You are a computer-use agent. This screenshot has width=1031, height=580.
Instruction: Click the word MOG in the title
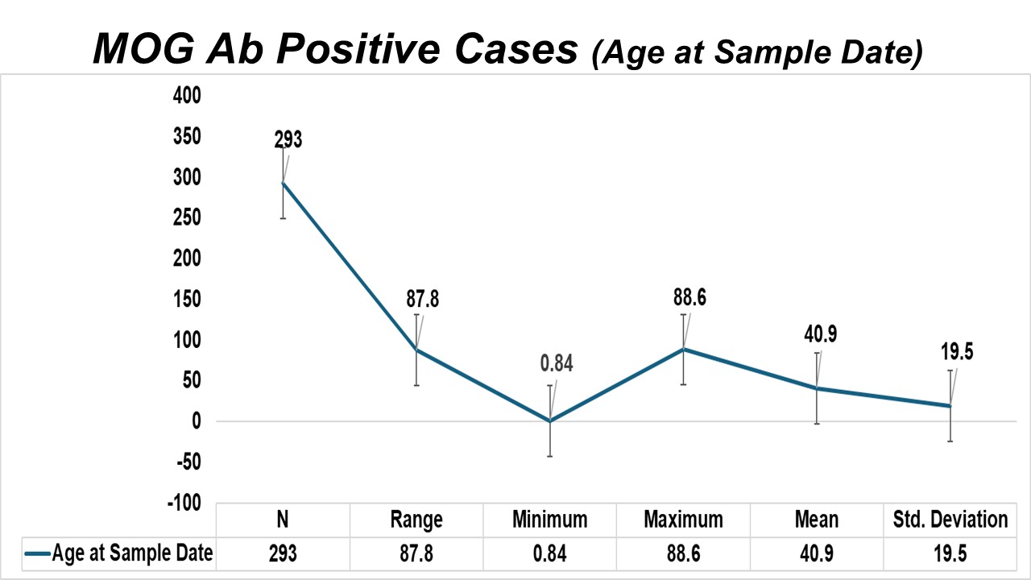(x=143, y=49)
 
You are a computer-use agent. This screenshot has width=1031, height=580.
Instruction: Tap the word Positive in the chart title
(x=358, y=49)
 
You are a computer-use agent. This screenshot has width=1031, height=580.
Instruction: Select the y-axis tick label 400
(x=187, y=96)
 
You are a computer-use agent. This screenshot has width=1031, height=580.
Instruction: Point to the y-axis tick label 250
(x=187, y=217)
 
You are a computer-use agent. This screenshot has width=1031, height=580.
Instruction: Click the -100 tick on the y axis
(x=184, y=503)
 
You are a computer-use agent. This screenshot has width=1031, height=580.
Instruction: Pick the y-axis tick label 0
(x=197, y=421)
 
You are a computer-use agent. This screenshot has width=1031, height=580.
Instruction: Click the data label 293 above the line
(x=288, y=139)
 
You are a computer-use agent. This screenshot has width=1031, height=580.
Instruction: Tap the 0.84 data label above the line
(x=557, y=363)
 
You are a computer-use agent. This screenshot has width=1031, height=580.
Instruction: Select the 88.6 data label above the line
(x=689, y=297)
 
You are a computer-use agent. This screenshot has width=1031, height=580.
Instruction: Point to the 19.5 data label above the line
(x=957, y=352)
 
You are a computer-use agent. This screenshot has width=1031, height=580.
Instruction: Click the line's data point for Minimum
(x=550, y=420)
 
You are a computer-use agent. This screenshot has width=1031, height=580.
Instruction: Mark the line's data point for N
(x=283, y=183)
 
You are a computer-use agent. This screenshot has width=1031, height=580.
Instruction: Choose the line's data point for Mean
(x=817, y=388)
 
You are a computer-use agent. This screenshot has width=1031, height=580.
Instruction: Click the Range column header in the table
(x=416, y=520)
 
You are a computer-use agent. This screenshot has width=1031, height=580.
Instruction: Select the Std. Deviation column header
(x=950, y=520)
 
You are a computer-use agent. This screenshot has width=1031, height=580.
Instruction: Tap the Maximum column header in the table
(x=684, y=520)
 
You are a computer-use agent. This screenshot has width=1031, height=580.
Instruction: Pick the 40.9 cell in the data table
(x=817, y=553)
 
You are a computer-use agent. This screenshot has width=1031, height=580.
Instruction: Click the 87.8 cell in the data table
(x=416, y=553)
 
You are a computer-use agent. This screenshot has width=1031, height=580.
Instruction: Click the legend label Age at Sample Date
(x=133, y=553)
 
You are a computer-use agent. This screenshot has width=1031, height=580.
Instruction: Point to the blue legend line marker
(x=37, y=553)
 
